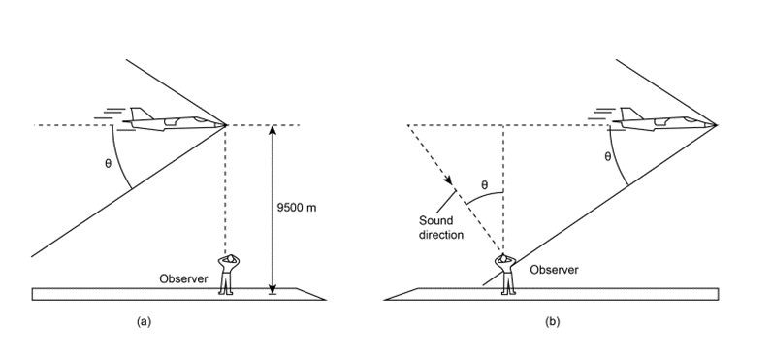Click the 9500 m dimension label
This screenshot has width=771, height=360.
[297, 208]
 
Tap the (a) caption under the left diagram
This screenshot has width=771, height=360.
[145, 322]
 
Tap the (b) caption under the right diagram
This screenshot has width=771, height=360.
[553, 322]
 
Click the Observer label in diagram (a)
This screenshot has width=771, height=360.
[183, 278]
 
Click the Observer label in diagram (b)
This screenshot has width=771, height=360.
[554, 270]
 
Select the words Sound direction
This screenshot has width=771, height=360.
[441, 228]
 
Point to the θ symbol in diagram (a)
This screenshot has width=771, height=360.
[109, 163]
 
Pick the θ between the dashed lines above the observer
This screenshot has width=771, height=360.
[484, 185]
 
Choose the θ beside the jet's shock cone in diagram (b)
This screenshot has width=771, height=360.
[608, 156]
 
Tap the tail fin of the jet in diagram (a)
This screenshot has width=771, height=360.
[142, 114]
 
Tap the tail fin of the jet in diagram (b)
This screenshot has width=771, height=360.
[632, 114]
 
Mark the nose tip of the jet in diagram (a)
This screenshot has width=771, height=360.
[226, 125]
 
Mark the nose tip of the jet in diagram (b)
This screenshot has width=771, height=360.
[716, 125]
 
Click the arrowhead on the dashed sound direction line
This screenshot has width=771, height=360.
[448, 180]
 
